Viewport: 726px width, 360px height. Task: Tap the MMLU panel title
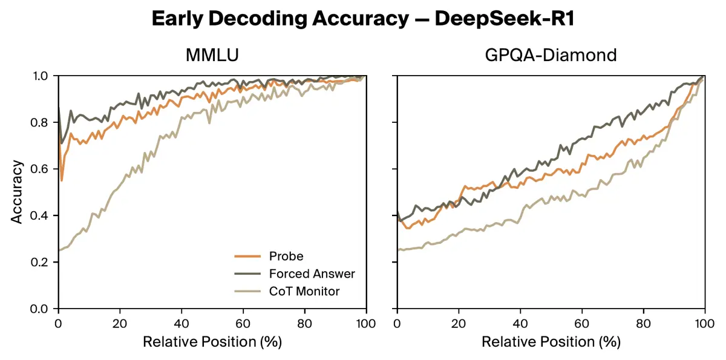coord(212,55)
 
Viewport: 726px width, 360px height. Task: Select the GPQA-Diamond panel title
coord(551,55)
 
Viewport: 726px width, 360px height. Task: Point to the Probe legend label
coord(286,257)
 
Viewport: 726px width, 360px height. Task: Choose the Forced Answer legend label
coord(312,274)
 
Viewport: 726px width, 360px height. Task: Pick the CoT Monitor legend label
coord(304,292)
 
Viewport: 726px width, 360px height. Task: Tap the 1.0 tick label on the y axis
coord(43,76)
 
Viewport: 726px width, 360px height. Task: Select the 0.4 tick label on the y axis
coord(43,216)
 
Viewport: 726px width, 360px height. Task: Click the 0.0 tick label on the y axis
coord(43,309)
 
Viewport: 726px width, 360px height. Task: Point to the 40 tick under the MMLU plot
coord(181,322)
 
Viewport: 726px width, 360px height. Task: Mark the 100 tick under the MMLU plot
coord(365,322)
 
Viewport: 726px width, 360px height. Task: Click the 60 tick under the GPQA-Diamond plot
coord(582,322)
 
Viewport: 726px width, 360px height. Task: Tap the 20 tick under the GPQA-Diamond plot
coord(459,322)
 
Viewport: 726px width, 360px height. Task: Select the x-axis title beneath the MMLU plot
coord(212,342)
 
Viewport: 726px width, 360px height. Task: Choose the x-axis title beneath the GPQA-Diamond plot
coord(551,342)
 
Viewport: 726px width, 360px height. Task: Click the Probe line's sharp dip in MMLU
coord(62,180)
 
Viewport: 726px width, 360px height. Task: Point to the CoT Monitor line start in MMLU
coord(59,250)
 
